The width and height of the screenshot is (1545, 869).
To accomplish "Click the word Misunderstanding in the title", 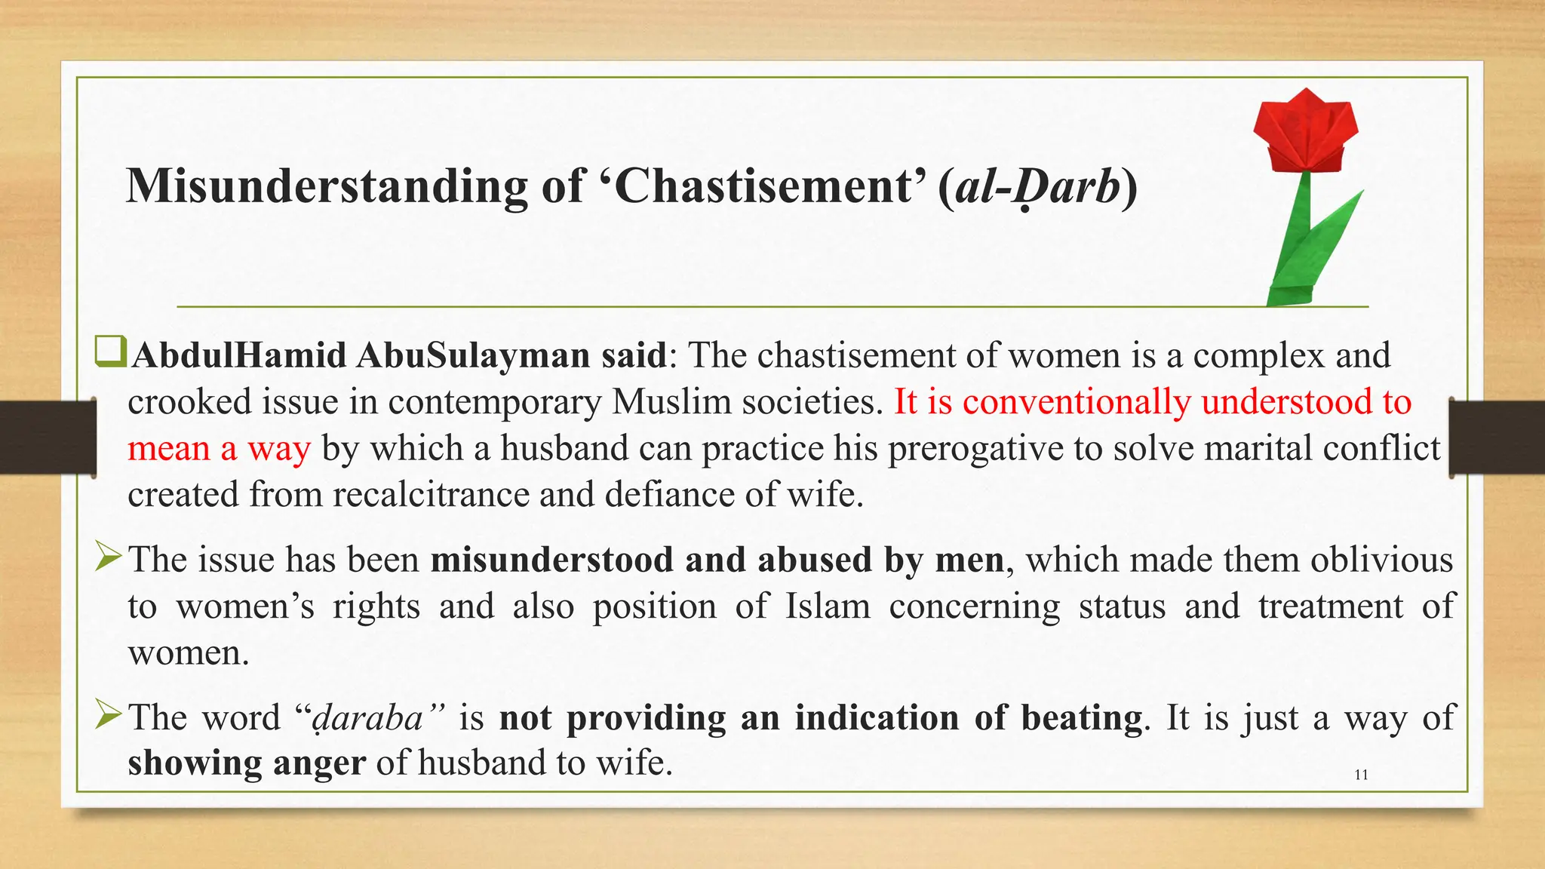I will pyautogui.click(x=327, y=186).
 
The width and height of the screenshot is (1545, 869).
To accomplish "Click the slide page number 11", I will pyautogui.click(x=1361, y=775).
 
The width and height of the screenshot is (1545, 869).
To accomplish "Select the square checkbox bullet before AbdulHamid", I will pyautogui.click(x=110, y=353).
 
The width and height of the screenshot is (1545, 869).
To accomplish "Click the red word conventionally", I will pyautogui.click(x=1076, y=401).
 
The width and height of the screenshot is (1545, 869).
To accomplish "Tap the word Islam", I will pyautogui.click(x=828, y=606).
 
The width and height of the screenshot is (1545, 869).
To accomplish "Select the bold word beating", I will pyautogui.click(x=1081, y=717).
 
